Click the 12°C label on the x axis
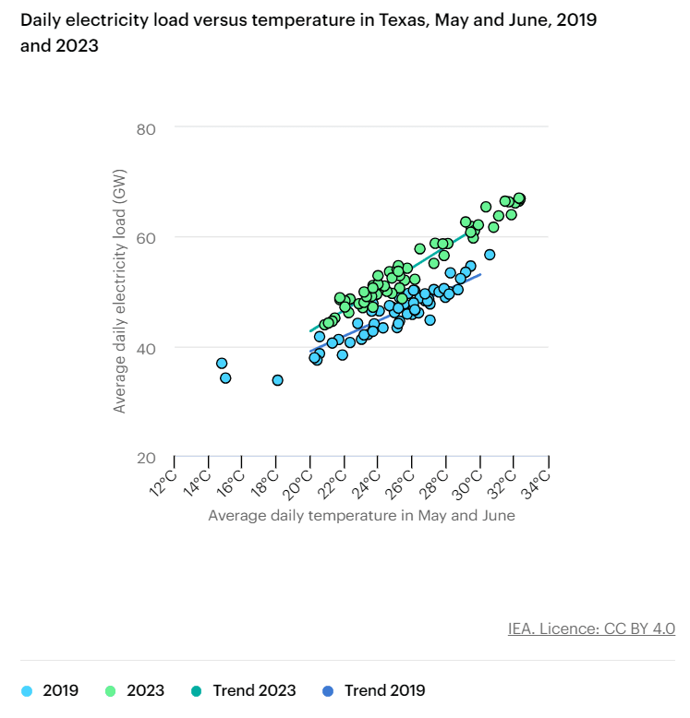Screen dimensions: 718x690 (x=163, y=481)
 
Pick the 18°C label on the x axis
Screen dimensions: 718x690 (x=266, y=481)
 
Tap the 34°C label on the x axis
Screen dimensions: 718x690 (x=539, y=481)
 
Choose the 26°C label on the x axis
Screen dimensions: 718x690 (x=402, y=481)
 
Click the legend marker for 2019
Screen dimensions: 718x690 (x=27, y=690)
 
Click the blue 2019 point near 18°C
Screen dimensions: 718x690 (x=278, y=380)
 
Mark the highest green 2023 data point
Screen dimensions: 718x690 (x=519, y=198)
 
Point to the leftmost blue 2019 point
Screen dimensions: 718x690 (x=222, y=364)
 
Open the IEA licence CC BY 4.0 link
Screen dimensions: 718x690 (x=591, y=628)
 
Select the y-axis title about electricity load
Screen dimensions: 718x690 (x=120, y=291)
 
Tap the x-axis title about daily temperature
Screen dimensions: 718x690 (x=361, y=515)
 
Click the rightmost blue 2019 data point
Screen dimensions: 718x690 (x=490, y=255)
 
